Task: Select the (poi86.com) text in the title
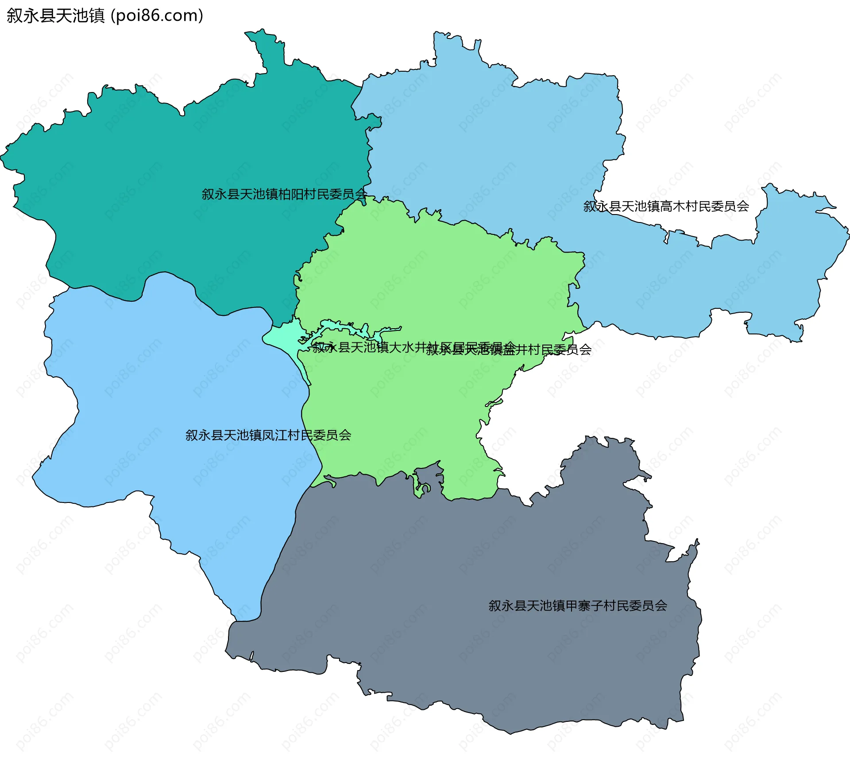pos(157,15)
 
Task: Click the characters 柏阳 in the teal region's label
pos(290,194)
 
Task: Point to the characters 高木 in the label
pos(672,206)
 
